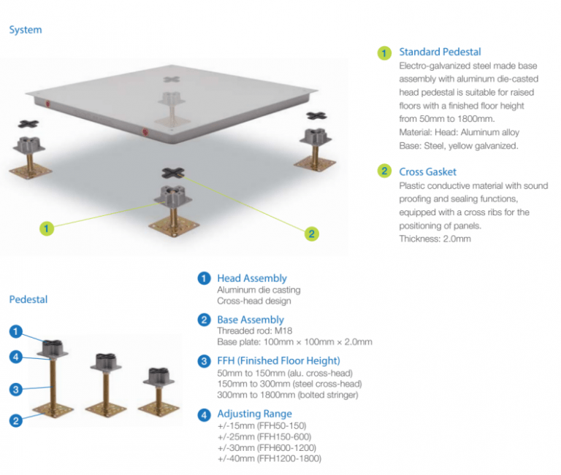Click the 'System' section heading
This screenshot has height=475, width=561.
pyautogui.click(x=26, y=30)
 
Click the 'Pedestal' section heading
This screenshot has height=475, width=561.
pyautogui.click(x=28, y=299)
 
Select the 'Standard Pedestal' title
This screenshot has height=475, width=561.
pyautogui.click(x=440, y=52)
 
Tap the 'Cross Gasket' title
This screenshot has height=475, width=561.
pyautogui.click(x=427, y=171)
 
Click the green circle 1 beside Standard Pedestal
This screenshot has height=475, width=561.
pyautogui.click(x=384, y=53)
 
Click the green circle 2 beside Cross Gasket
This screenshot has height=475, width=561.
pyautogui.click(x=384, y=172)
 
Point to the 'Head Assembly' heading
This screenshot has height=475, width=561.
pyautogui.click(x=251, y=278)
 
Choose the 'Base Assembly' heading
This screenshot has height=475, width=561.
pyautogui.click(x=250, y=320)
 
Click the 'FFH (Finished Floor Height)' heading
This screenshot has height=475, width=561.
pyautogui.click(x=278, y=360)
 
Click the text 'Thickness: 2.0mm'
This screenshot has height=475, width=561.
pyautogui.click(x=435, y=239)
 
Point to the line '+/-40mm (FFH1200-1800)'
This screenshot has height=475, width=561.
pyautogui.click(x=268, y=458)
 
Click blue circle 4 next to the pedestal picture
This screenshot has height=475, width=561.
pyautogui.click(x=15, y=357)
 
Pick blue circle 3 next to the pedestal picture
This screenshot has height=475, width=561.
pyautogui.click(x=15, y=389)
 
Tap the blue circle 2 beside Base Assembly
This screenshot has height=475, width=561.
pyautogui.click(x=205, y=320)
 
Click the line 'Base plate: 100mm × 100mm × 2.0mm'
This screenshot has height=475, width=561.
pyautogui.click(x=294, y=342)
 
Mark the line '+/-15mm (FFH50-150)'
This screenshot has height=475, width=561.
pyautogui.click(x=261, y=425)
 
